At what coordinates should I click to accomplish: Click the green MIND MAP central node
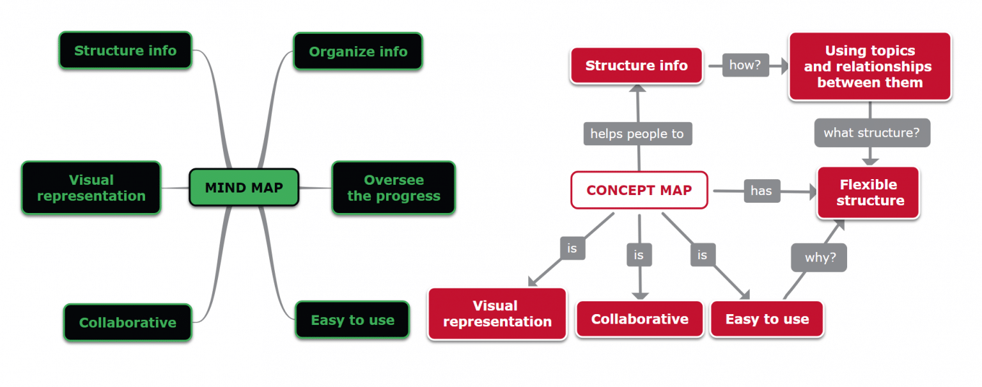point(244,187)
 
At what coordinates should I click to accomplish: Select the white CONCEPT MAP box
point(639,190)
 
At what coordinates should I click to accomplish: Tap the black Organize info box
point(358,51)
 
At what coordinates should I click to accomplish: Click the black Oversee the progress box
point(393,187)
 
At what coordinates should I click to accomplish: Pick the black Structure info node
point(125,50)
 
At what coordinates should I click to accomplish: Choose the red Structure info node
point(636,65)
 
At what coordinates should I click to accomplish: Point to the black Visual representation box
point(91,187)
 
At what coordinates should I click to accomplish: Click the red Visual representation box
point(497,313)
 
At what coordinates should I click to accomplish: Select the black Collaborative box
point(127,322)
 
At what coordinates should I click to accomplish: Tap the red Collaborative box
point(639,319)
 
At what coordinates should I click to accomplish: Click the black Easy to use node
point(352,320)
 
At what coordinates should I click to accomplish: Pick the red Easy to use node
point(767,319)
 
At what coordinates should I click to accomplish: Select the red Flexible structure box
point(868,193)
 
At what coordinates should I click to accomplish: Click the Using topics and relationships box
point(869,67)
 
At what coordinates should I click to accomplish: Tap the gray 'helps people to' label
point(637,134)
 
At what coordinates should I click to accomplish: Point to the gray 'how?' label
point(745,65)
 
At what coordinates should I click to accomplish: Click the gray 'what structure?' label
point(871,133)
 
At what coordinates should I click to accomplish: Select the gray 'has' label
point(761,191)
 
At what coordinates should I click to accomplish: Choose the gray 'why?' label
point(820,258)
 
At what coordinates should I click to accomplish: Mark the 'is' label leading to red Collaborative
point(638,255)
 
